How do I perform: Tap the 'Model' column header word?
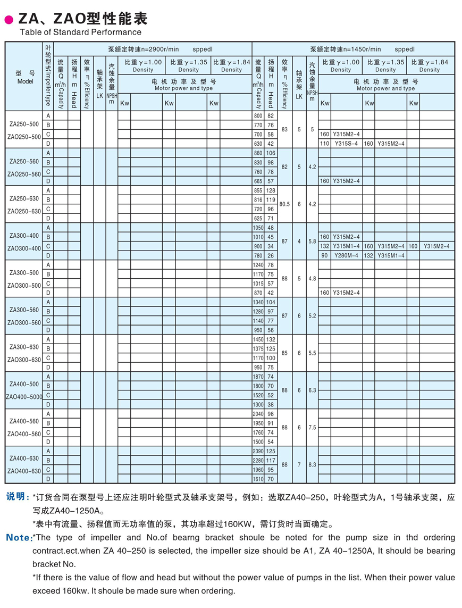25,81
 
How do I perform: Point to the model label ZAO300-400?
24,248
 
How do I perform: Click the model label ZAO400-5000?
24,397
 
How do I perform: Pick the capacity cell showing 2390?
258,451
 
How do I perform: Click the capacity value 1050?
258,228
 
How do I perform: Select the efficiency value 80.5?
284,204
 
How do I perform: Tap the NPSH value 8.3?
312,464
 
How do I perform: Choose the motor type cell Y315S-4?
346,144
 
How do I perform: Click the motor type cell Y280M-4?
346,255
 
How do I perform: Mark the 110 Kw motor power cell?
324,144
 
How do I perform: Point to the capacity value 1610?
258,479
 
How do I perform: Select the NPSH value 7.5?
312,427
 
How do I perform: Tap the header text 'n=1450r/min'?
364,48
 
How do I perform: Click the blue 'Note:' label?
19,538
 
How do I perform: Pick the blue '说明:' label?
18,497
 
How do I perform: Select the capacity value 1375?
258,348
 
